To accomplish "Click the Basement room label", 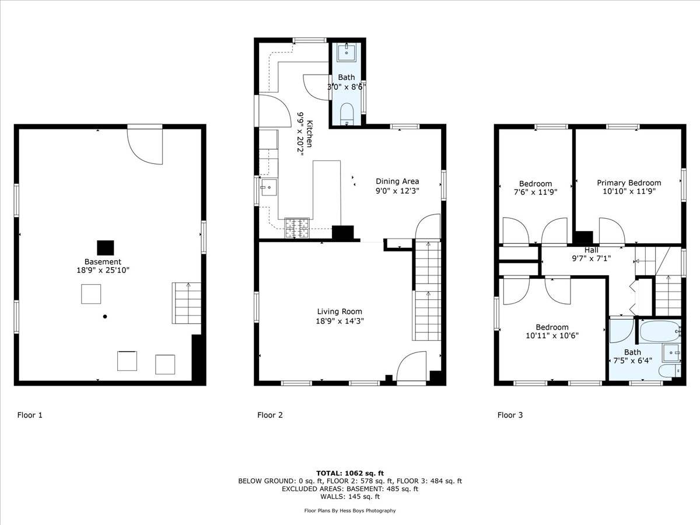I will click(103, 262).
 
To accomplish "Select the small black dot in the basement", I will click(105, 317).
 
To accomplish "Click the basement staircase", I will click(187, 303).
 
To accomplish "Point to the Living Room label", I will click(339, 311).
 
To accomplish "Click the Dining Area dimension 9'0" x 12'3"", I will click(397, 190).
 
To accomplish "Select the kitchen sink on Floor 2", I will click(269, 187).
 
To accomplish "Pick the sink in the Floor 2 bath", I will click(348, 52).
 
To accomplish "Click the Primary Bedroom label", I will click(629, 183).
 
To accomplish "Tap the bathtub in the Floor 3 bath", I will click(660, 332).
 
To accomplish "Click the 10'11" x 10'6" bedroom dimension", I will click(551, 335).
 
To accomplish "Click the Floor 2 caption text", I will click(270, 415).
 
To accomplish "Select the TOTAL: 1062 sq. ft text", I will click(349, 473).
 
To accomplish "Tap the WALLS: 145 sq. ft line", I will click(349, 497).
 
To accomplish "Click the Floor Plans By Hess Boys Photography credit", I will click(349, 510).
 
